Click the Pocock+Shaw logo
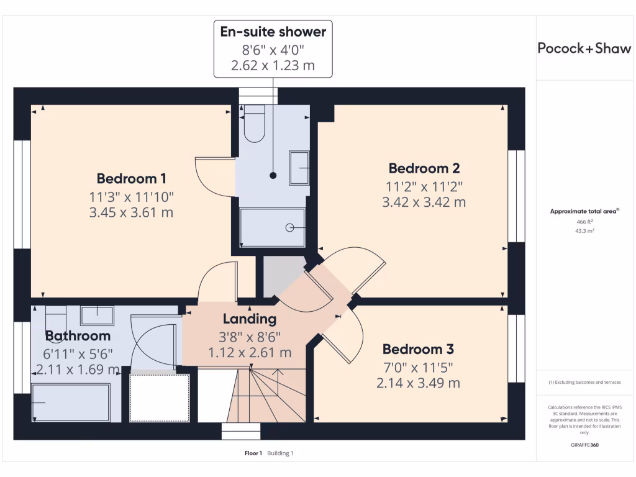[x=584, y=48]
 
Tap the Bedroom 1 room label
[x=131, y=179]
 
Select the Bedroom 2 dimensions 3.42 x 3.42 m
[x=424, y=202]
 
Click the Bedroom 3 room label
[x=418, y=348]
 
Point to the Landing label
[x=249, y=319]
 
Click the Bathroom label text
[x=78, y=336]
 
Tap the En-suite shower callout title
[x=273, y=32]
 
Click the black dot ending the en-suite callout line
[x=273, y=176]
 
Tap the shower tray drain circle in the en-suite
[x=290, y=228]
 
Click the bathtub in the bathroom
[x=70, y=402]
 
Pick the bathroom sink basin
[x=97, y=315]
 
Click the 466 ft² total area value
[x=583, y=221]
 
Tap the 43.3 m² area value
[x=583, y=230]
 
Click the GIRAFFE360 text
[x=584, y=445]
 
